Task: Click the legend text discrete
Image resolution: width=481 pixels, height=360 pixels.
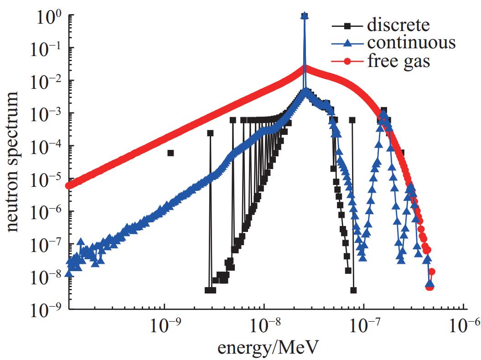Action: pyautogui.click(x=398, y=25)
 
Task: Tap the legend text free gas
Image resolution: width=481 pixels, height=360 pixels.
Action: pyautogui.click(x=399, y=61)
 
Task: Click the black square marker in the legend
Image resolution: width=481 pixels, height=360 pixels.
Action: pyautogui.click(x=347, y=26)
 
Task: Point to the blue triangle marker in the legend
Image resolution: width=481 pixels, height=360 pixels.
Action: pyautogui.click(x=347, y=43)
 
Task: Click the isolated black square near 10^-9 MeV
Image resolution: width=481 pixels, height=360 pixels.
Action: pyautogui.click(x=171, y=153)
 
